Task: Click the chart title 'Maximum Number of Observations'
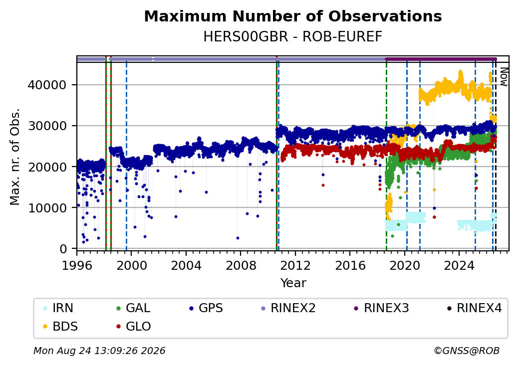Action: [293, 16]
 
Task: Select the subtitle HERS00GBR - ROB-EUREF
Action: [293, 36]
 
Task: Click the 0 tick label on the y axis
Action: [63, 249]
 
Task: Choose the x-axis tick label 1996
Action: [77, 265]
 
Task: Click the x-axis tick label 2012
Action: [295, 265]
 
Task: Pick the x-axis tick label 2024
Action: [459, 265]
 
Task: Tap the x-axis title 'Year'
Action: [293, 283]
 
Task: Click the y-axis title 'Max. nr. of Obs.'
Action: [15, 157]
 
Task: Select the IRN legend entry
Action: [58, 308]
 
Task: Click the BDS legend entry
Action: [61, 327]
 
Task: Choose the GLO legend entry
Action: [134, 327]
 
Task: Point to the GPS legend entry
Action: [206, 308]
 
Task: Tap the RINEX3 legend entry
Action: [382, 308]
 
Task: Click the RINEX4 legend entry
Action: [474, 308]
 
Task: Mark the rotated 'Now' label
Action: [504, 77]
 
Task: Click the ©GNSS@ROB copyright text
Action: [467, 351]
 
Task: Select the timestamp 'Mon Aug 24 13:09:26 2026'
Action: [100, 351]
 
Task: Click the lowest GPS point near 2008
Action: [238, 238]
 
